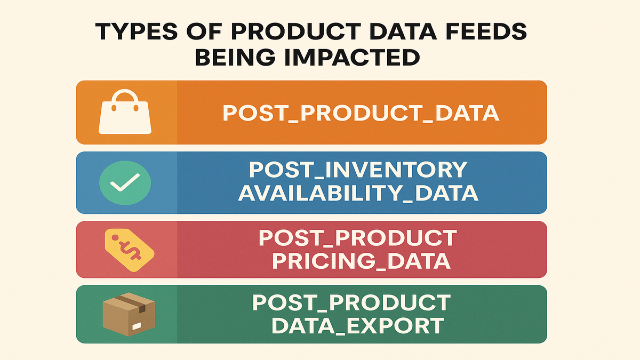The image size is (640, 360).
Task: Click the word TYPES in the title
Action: pyautogui.click(x=137, y=31)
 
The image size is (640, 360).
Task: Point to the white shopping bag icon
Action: pyautogui.click(x=125, y=111)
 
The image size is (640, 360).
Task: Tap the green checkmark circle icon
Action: pyautogui.click(x=125, y=183)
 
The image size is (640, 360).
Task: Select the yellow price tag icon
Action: pyautogui.click(x=130, y=250)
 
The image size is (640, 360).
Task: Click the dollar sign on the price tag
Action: pyautogui.click(x=131, y=251)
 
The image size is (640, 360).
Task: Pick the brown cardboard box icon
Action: pyautogui.click(x=129, y=314)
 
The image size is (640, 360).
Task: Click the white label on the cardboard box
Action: pyautogui.click(x=137, y=326)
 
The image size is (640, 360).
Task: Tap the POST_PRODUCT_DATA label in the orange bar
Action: pyautogui.click(x=361, y=114)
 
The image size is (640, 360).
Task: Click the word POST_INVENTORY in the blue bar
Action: pyautogui.click(x=358, y=170)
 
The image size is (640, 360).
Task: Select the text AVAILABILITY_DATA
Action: pyautogui.click(x=358, y=194)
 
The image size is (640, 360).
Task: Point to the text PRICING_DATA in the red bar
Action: pyautogui.click(x=362, y=261)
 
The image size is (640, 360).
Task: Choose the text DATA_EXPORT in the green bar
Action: pyautogui.click(x=358, y=325)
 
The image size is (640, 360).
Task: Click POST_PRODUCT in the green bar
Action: pyautogui.click(x=351, y=302)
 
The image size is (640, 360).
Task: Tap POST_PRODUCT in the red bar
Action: pyautogui.click(x=358, y=238)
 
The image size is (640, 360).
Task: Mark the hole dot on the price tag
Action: pyautogui.click(x=115, y=237)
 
